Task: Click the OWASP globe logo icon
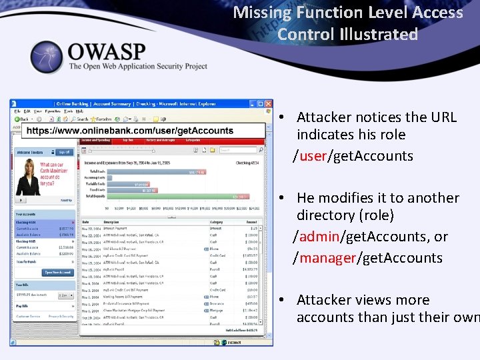point(46,57)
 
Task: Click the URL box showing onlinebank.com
point(130,131)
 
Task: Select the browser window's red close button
point(269,104)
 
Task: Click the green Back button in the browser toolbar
point(22,119)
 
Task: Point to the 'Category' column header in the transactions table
point(217,221)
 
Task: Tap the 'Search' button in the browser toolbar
point(81,119)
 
